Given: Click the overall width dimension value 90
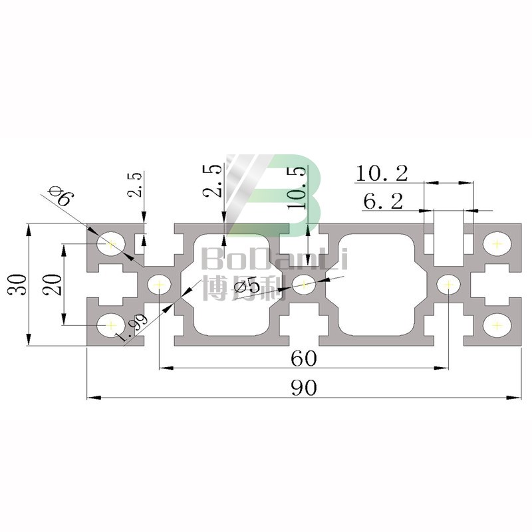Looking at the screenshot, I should tap(303, 388).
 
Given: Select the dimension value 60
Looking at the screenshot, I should tap(303, 358).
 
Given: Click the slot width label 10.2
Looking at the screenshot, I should tap(381, 174).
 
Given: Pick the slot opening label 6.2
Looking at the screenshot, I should tap(383, 201).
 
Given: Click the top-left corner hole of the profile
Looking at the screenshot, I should tap(110, 244).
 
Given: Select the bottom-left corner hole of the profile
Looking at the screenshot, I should tap(110, 325).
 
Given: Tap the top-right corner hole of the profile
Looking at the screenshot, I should tap(495, 244).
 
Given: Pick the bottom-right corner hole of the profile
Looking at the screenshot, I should tap(495, 325).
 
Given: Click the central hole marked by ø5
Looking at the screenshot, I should tap(304, 284).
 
